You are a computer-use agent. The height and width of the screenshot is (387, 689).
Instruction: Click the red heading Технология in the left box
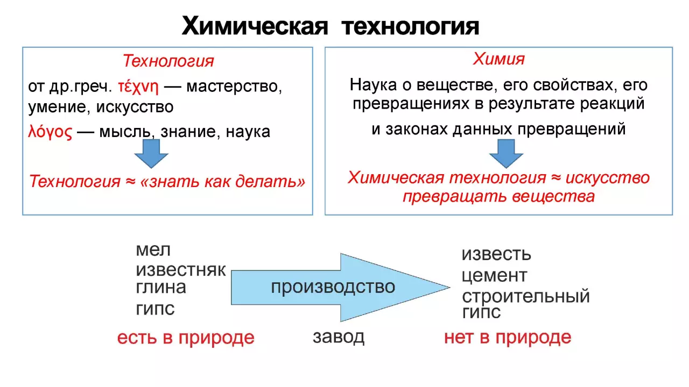(168, 61)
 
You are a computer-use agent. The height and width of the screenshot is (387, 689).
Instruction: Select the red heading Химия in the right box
(498, 59)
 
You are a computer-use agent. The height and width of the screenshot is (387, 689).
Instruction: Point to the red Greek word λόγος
(50, 132)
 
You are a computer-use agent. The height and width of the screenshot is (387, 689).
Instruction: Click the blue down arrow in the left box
(151, 155)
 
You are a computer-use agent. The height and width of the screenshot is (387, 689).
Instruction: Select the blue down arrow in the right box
(506, 154)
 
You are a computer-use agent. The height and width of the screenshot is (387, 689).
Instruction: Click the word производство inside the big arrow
(333, 287)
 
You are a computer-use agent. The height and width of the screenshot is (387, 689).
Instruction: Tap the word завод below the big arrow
(339, 338)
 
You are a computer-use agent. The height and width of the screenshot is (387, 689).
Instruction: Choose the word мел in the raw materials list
(153, 250)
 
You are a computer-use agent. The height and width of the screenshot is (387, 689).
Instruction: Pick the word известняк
(181, 270)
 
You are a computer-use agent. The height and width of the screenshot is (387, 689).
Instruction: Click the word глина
(161, 288)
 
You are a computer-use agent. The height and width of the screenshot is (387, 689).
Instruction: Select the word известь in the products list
(496, 254)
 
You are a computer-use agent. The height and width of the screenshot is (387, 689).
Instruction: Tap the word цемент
(494, 276)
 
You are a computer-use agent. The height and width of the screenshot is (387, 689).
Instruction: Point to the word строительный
(525, 296)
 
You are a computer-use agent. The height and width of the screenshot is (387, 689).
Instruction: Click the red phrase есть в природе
(186, 338)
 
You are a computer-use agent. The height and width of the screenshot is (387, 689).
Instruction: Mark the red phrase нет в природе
(507, 338)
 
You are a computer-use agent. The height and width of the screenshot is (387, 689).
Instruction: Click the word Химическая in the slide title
(255, 26)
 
